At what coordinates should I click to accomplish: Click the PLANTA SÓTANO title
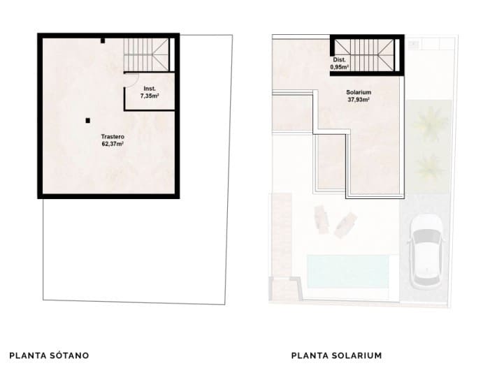(49, 355)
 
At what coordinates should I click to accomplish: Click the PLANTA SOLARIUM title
(336, 355)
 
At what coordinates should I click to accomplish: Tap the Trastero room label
(112, 137)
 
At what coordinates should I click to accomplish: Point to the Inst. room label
(149, 89)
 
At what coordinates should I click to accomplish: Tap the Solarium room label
(358, 92)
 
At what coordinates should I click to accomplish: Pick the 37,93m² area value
(358, 99)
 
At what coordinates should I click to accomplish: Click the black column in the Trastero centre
(87, 119)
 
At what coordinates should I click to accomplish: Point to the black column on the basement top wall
(103, 41)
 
